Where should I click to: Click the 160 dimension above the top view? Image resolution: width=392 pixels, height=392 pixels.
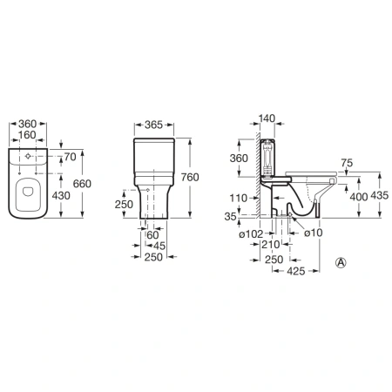pyautogui.click(x=27, y=135)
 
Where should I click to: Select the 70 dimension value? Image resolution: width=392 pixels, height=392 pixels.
pyautogui.click(x=70, y=157)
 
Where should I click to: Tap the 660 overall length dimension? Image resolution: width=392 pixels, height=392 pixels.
pyautogui.click(x=82, y=184)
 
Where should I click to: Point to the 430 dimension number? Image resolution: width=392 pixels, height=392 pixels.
pyautogui.click(x=61, y=195)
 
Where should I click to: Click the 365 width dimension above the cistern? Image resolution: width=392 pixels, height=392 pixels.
pyautogui.click(x=153, y=125)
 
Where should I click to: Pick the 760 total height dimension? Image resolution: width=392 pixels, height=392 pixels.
pyautogui.click(x=190, y=177)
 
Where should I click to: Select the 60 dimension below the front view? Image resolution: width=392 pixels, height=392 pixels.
pyautogui.click(x=152, y=235)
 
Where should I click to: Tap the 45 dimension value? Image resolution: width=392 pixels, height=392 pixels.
pyautogui.click(x=159, y=246)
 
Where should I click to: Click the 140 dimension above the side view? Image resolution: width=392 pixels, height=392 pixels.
pyautogui.click(x=267, y=118)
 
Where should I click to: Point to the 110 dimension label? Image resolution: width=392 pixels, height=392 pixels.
pyautogui.click(x=239, y=199)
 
